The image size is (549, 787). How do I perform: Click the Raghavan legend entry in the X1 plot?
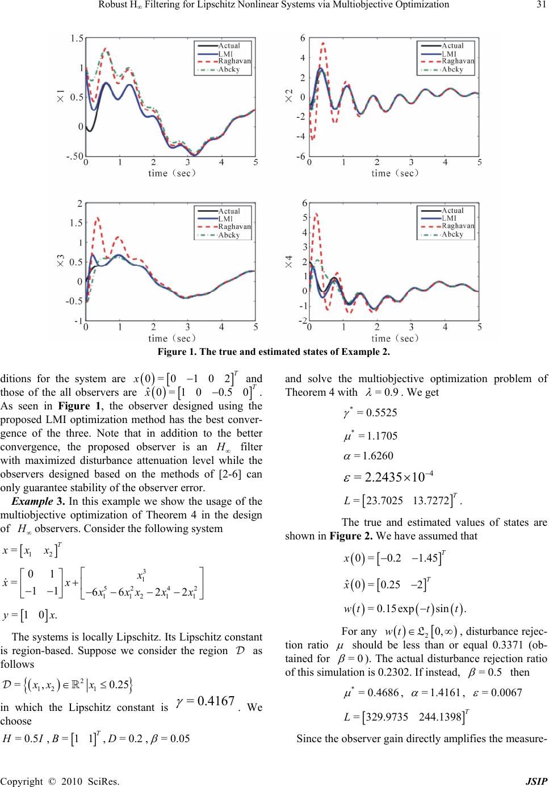[x=235, y=61]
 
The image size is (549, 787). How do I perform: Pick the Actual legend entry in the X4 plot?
[x=452, y=211]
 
